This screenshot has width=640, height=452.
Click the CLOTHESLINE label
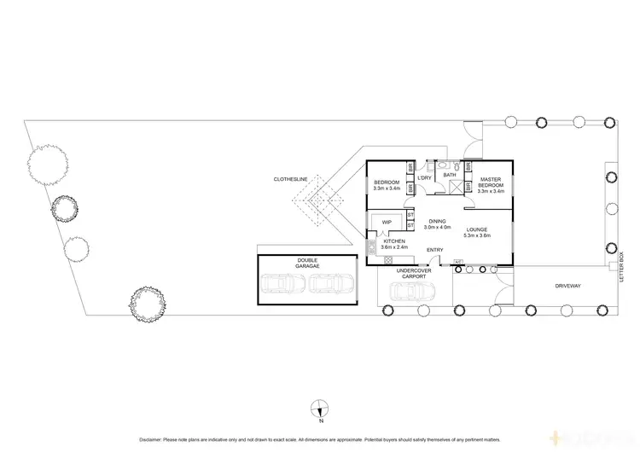290,179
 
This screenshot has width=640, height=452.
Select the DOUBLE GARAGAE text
307,264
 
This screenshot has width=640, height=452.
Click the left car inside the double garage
281,285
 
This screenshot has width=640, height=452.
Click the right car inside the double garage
331,285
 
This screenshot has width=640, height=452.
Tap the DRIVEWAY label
567,286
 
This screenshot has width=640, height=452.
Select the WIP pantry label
387,222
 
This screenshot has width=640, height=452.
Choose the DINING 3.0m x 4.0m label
437,224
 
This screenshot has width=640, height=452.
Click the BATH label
449,175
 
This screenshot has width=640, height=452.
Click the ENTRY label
434,249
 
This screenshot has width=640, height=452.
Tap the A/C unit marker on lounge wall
458,262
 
